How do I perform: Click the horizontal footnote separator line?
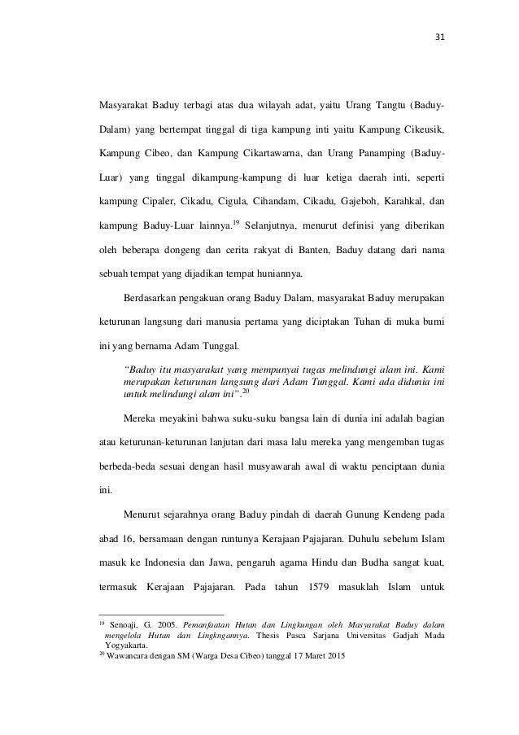click(x=161, y=613)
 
